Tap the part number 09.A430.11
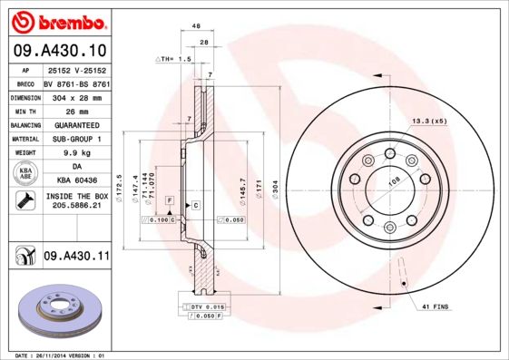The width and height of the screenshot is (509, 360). [x=76, y=258]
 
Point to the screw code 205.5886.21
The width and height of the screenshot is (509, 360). [x=76, y=207]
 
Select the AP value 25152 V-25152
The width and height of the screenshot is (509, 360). [x=76, y=69]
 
